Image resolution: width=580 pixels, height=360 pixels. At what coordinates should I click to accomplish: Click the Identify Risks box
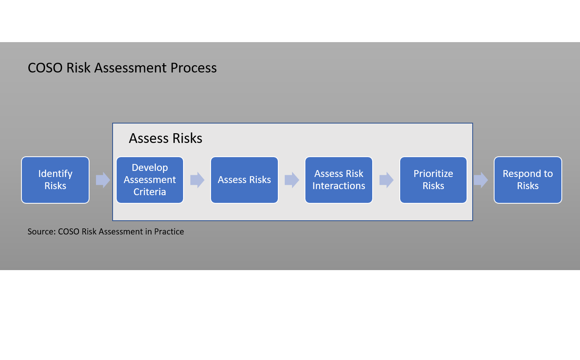55,180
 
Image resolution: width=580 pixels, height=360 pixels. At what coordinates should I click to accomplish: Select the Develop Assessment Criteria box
150,180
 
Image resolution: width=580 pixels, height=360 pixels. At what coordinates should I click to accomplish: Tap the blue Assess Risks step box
244,180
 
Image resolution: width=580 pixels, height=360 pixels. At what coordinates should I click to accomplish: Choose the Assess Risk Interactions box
339,180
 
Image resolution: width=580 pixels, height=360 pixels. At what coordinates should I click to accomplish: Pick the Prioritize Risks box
433,180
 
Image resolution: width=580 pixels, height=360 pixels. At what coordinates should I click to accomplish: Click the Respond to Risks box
528,180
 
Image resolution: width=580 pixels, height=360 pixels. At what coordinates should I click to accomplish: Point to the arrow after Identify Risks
103,180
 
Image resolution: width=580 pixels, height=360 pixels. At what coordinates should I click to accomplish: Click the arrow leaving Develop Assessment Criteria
197,180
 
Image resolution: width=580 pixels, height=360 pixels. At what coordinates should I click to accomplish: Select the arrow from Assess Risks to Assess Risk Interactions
292,180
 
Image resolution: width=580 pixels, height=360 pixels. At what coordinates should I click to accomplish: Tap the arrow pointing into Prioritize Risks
386,180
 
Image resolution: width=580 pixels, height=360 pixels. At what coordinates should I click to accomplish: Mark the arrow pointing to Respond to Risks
481,180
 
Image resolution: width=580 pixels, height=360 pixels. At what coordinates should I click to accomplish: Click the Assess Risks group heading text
165,138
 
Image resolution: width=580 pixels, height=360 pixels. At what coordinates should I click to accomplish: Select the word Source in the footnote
41,232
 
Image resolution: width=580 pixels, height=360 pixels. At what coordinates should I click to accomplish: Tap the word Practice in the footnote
169,232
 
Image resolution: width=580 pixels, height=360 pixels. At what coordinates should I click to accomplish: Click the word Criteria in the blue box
150,192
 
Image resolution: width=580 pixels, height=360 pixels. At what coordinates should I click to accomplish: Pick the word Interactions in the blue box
339,186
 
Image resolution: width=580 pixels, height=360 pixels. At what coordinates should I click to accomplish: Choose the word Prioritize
433,174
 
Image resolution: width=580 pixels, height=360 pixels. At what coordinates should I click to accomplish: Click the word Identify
55,174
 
